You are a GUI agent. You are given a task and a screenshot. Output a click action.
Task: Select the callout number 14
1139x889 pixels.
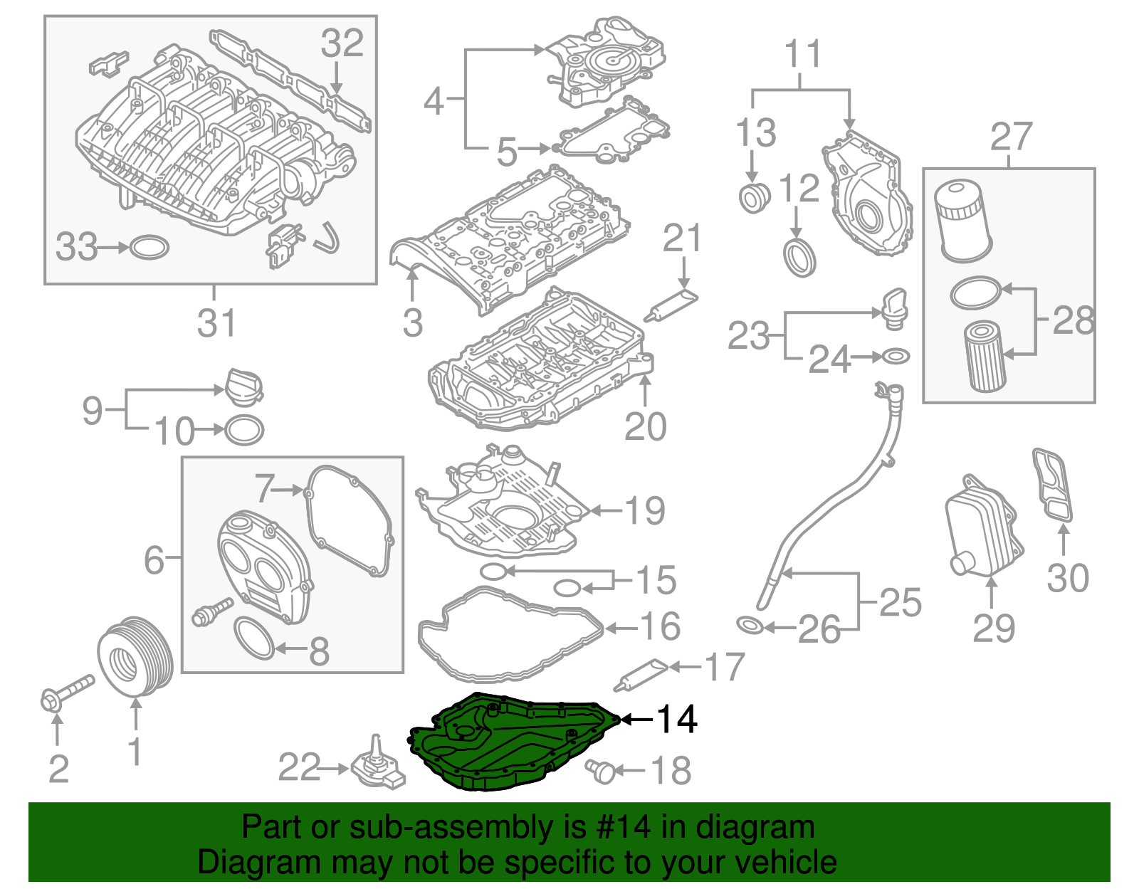click(x=676, y=720)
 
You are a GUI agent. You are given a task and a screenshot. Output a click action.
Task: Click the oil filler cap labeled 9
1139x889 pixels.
click(x=243, y=388)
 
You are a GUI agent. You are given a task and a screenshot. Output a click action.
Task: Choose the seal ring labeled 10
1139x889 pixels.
click(x=244, y=430)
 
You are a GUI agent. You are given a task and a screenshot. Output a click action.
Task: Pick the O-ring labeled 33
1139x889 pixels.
click(x=149, y=248)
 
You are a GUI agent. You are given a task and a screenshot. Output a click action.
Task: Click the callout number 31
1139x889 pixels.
click(x=216, y=323)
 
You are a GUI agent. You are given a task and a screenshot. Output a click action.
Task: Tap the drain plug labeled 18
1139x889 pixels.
click(x=602, y=770)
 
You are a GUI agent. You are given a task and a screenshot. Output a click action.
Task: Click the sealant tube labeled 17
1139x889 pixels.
click(x=641, y=673)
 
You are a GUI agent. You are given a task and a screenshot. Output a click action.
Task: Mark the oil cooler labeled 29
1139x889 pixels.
click(x=984, y=527)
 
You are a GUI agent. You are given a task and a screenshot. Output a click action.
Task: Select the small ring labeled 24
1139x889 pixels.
click(x=895, y=356)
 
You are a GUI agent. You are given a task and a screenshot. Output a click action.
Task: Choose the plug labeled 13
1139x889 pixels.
click(x=753, y=198)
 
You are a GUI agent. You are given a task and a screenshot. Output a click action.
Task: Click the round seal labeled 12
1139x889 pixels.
click(x=799, y=258)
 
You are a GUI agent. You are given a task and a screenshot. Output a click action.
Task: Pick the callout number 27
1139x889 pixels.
click(x=1010, y=137)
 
